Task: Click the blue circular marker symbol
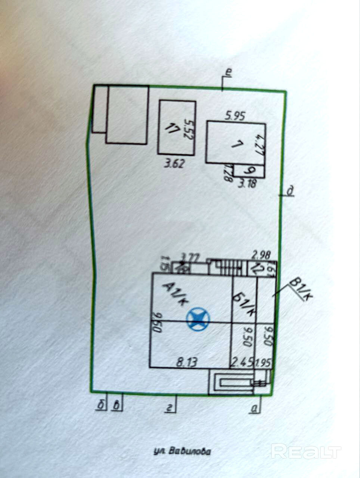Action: coord(198,318)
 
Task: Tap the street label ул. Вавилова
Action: coord(182,451)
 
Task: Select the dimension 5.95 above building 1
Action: coord(235,116)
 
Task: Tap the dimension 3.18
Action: coord(247,184)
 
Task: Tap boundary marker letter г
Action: coord(170,409)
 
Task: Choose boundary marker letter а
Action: coord(255,410)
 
